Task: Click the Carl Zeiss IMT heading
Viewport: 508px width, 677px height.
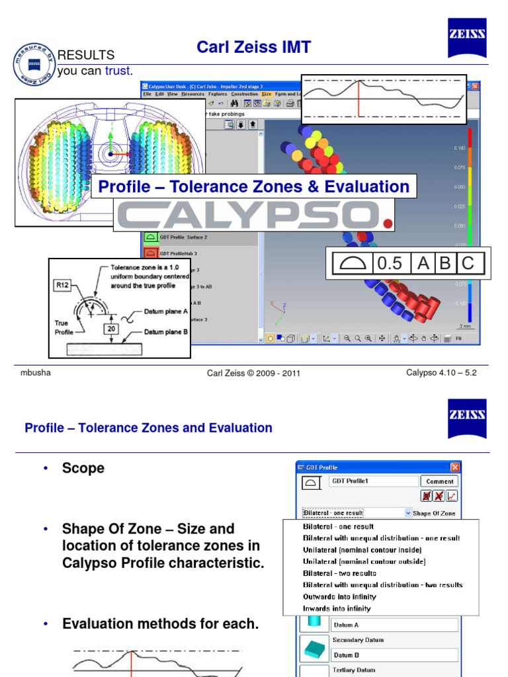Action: click(254, 47)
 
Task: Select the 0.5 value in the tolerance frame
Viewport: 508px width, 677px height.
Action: click(389, 263)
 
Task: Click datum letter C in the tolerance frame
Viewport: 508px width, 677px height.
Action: click(468, 263)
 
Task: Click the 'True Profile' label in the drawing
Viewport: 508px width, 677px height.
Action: click(63, 328)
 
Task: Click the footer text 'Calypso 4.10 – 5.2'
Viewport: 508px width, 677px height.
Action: click(441, 373)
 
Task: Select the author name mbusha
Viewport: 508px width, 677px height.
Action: click(36, 373)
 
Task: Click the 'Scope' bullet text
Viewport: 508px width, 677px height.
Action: click(83, 468)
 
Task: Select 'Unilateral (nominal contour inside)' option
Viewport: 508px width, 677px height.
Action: click(362, 549)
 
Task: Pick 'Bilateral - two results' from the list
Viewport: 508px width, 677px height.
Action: click(339, 573)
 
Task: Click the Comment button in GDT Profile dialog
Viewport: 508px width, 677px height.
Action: click(440, 482)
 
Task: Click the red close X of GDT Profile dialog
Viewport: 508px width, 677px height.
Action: click(454, 468)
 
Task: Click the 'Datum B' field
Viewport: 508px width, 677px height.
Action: click(394, 655)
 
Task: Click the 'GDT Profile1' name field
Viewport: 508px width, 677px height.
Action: click(374, 482)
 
